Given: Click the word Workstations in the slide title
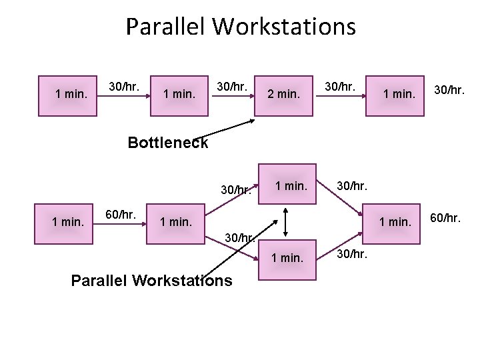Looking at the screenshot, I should (x=285, y=27).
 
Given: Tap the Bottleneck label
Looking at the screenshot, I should (x=167, y=143).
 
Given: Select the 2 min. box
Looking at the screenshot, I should (x=283, y=94).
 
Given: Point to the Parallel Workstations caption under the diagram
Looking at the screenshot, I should (x=151, y=280).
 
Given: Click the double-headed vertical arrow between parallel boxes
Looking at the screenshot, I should (x=285, y=221).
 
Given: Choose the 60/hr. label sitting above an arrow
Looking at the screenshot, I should (x=121, y=215).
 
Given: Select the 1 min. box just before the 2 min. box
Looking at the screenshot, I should (x=180, y=94).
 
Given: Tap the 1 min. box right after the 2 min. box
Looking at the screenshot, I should (x=399, y=94).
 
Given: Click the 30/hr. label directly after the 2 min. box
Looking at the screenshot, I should (x=339, y=86).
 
